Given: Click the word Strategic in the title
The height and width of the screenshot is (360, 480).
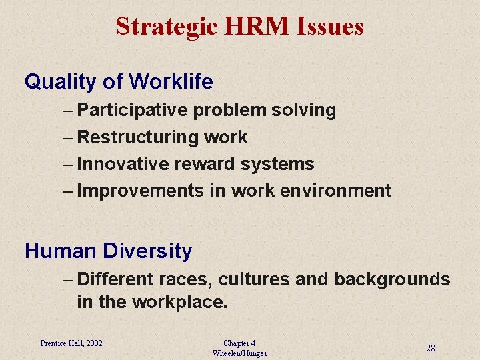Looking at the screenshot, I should [x=166, y=27].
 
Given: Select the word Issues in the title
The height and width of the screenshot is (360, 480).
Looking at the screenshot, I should [x=329, y=27].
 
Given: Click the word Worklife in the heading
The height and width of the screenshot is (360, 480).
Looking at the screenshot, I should [x=171, y=81].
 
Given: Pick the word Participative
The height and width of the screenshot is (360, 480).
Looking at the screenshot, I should [x=133, y=110].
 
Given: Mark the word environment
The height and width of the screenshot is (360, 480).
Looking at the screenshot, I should [x=335, y=191].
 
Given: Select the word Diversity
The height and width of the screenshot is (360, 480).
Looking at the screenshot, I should [x=147, y=251].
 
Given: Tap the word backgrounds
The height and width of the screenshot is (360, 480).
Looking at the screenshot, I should [x=392, y=279].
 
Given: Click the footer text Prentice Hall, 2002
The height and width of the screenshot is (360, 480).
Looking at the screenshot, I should [x=71, y=343].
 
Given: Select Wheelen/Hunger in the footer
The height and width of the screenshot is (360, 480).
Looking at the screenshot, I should [x=239, y=353].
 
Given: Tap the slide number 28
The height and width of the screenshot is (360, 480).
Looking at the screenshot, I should [x=431, y=348].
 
